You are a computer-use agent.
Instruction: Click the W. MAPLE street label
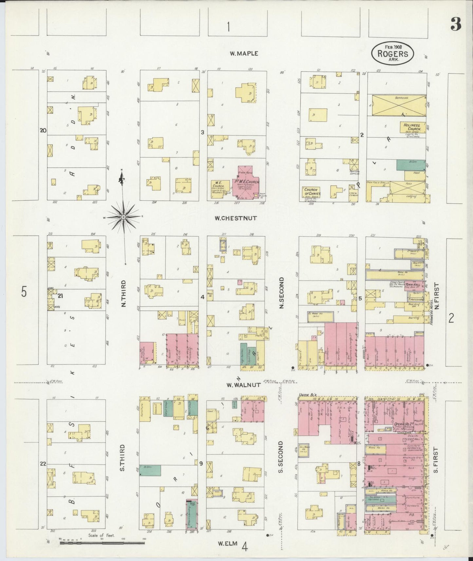pyautogui.click(x=244, y=53)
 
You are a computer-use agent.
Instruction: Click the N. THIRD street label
pyautogui.click(x=124, y=293)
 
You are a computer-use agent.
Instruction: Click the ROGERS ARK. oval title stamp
pyautogui.click(x=392, y=52)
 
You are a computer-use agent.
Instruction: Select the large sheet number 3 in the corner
pyautogui.click(x=455, y=24)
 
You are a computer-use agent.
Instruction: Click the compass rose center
pyautogui.click(x=123, y=217)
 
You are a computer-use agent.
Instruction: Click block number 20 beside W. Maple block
pyautogui.click(x=43, y=130)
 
